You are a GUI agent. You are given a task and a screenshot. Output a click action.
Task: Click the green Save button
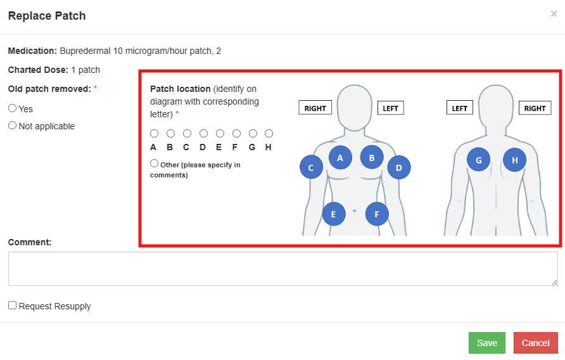click(x=486, y=343)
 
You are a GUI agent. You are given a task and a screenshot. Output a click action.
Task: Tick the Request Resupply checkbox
click(x=13, y=305)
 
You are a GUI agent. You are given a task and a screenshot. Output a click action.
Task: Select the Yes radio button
click(x=13, y=108)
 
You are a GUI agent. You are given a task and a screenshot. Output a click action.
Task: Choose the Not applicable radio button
click(x=13, y=125)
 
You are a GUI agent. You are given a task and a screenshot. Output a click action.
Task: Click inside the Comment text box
click(x=282, y=269)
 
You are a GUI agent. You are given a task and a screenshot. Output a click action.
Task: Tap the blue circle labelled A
click(x=340, y=158)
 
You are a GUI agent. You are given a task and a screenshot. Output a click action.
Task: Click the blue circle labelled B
click(x=372, y=158)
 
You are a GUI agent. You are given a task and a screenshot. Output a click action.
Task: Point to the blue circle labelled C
click(x=311, y=168)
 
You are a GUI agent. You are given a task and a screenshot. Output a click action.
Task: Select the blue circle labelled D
click(x=399, y=168)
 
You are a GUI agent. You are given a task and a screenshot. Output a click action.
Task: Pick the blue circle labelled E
click(x=334, y=214)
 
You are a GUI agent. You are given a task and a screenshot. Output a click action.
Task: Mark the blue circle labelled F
click(x=377, y=214)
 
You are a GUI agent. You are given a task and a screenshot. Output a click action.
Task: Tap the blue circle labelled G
click(x=478, y=160)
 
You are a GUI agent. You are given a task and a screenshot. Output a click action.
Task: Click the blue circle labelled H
click(x=515, y=160)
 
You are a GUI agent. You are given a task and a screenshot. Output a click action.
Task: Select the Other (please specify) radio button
click(x=155, y=164)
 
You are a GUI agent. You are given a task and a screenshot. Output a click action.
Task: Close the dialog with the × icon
click(x=554, y=14)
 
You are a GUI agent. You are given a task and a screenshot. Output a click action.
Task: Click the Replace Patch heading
click(x=47, y=16)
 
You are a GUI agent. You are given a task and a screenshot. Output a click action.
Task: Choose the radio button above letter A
click(x=154, y=134)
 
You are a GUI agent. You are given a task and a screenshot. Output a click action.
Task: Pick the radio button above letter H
click(x=269, y=134)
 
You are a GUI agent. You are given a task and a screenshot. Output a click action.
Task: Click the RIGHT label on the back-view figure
click(x=535, y=108)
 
